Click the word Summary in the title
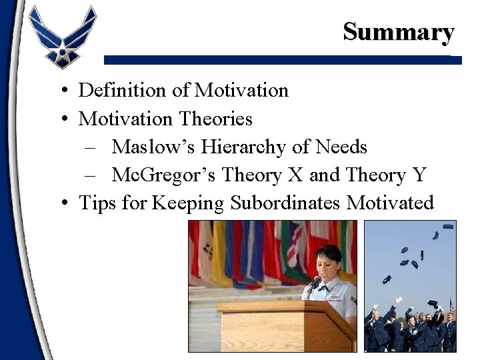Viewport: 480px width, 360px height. (x=399, y=31)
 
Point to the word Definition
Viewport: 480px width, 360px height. (x=118, y=90)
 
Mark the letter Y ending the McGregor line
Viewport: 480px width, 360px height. (x=419, y=175)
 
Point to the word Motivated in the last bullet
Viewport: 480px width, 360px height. (x=390, y=203)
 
